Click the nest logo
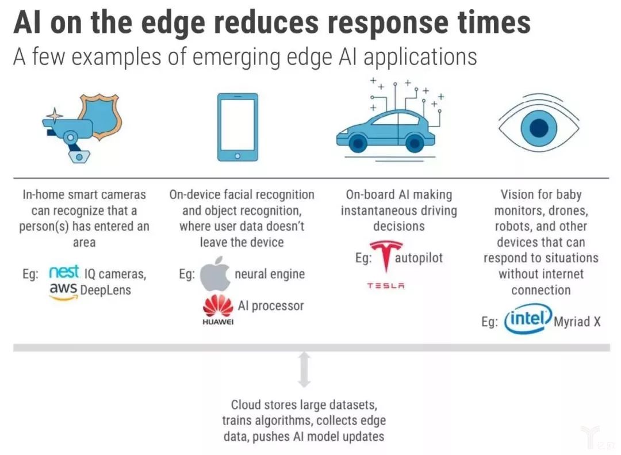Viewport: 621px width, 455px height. tap(64, 273)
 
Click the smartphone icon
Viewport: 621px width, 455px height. tap(237, 127)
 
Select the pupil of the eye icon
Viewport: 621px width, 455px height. tap(538, 128)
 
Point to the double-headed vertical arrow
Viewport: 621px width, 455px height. tap(305, 369)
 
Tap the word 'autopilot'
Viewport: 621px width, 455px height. tap(419, 257)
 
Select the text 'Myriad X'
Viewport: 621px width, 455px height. tap(577, 322)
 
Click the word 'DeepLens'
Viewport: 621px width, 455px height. tap(106, 290)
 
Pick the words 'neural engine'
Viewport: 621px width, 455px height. tap(270, 274)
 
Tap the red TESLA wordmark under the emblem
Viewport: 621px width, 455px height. tap(386, 285)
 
